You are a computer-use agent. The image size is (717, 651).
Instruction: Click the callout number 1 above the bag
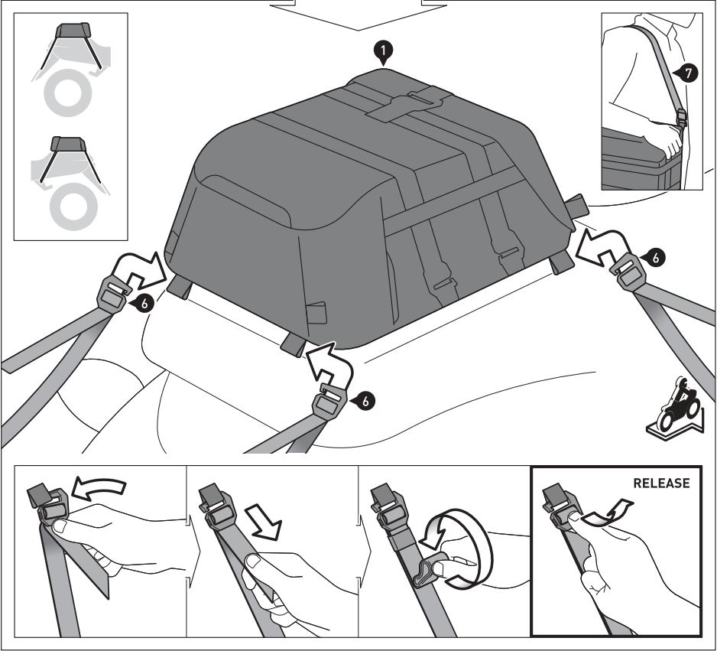(x=383, y=51)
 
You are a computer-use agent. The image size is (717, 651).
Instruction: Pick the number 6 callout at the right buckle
(x=655, y=258)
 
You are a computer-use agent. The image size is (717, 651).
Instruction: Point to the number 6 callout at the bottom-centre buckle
(x=366, y=399)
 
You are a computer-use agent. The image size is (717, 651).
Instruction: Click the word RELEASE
(x=660, y=483)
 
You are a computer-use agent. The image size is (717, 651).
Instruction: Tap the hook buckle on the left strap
(x=111, y=294)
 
